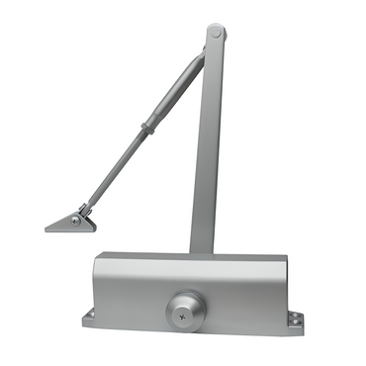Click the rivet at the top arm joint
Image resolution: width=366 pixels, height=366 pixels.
click(x=216, y=34)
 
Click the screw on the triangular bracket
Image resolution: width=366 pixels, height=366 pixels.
click(x=75, y=221)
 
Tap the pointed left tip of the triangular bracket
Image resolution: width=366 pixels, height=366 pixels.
click(x=47, y=228)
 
